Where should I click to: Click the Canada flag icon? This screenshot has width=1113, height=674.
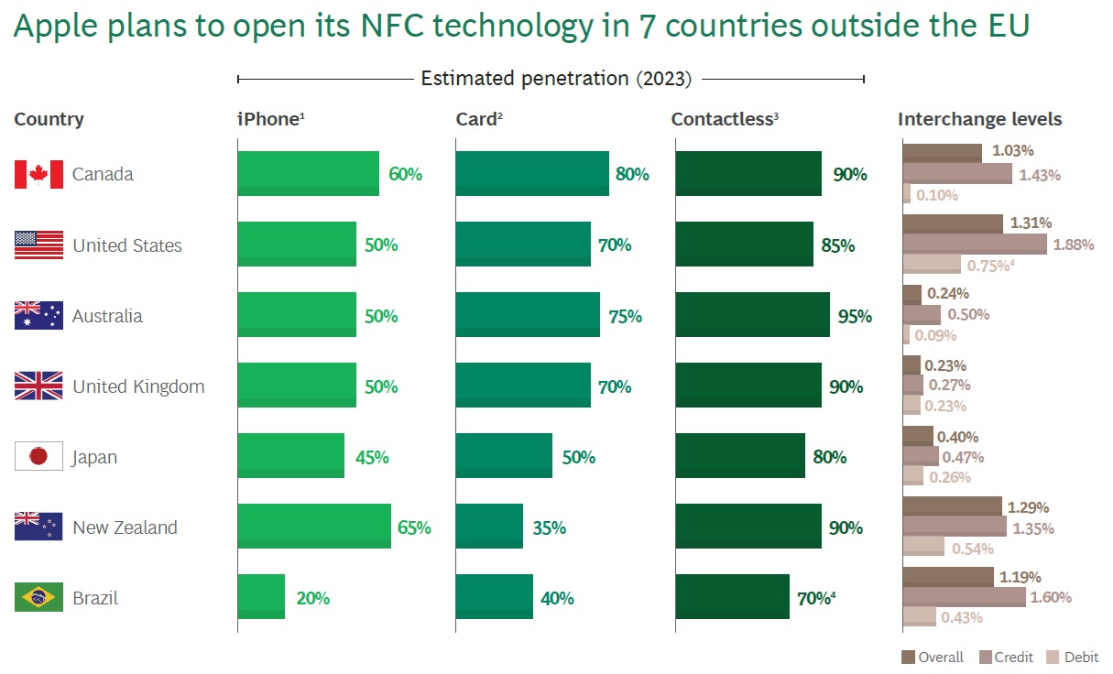[x=38, y=174]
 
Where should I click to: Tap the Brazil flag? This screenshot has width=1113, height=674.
[x=38, y=598]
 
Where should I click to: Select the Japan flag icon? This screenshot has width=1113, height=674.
[x=38, y=456]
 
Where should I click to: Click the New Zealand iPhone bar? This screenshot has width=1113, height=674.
[x=313, y=527]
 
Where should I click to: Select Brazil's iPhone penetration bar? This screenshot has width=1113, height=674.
[x=261, y=597]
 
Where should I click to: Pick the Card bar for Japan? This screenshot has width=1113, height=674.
[x=504, y=456]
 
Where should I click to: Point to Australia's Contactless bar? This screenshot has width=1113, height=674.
[x=752, y=315]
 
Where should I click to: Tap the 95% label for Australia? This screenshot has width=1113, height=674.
[x=855, y=316]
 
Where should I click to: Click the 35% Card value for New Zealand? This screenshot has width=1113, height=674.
[x=549, y=527]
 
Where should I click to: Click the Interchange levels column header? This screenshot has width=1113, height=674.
[x=979, y=119]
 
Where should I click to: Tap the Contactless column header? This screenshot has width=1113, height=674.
[x=724, y=119]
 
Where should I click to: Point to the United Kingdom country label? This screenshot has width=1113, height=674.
[x=138, y=386]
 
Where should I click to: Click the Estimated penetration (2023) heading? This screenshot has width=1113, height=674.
[x=556, y=79]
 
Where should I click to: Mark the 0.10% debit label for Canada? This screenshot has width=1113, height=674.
[x=936, y=194]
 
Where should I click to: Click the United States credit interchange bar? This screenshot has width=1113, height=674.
[x=975, y=244]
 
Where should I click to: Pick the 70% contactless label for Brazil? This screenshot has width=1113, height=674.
[x=814, y=598]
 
